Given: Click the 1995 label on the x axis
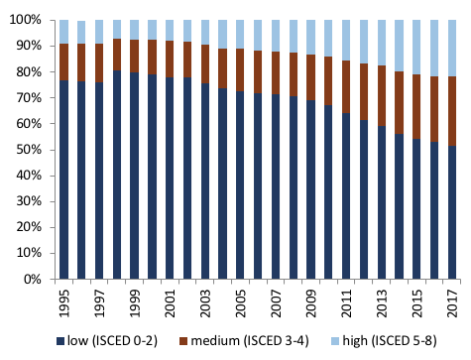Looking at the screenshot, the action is tap(64, 303).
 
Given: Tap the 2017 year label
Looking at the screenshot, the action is tap(452, 303).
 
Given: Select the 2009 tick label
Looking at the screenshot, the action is tap(311, 303).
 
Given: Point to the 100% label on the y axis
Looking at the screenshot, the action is tap(26, 20).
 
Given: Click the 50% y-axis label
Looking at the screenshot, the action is tap(29, 150).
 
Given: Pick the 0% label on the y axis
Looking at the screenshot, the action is tap(33, 280).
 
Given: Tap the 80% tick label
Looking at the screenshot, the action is tap(29, 71).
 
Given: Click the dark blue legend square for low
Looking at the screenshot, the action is tap(60, 341).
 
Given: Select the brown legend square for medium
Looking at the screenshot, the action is tap(183, 341).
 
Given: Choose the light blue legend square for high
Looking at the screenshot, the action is tap(335, 341).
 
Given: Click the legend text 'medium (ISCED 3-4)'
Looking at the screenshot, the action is tap(250, 341).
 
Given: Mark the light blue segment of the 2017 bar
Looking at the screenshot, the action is tap(452, 49).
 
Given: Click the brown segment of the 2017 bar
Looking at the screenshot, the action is tap(452, 111).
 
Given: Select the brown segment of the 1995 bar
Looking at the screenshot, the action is tap(64, 62).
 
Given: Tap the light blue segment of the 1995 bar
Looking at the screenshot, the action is tap(64, 32).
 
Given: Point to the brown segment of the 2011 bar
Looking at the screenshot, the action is tap(346, 87).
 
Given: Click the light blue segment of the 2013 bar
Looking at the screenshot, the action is tap(382, 43).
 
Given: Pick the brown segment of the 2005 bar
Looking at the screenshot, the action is tap(240, 70).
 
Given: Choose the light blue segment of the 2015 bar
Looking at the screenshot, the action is tap(416, 48).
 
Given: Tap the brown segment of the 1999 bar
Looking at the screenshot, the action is tap(135, 57).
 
